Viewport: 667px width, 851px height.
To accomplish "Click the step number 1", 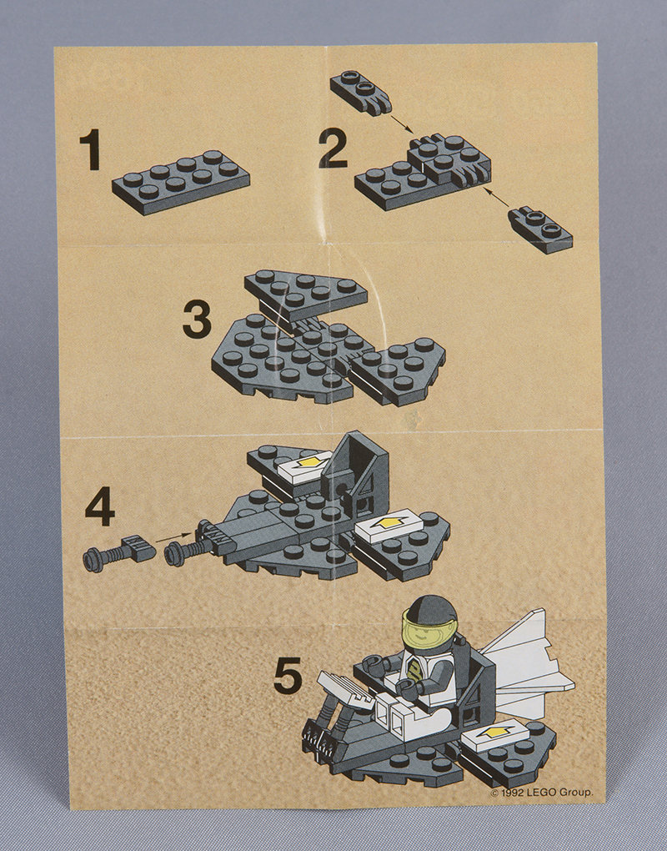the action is (x=91, y=149).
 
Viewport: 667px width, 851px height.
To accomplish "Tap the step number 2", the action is (x=333, y=149).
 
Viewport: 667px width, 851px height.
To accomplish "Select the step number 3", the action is (x=197, y=320).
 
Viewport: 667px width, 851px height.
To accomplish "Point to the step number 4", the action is (x=100, y=506).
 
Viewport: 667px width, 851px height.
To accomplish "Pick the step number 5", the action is (x=288, y=675).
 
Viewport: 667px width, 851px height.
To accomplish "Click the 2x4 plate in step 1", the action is (x=181, y=182).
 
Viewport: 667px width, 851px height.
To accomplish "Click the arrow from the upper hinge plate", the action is (x=402, y=123).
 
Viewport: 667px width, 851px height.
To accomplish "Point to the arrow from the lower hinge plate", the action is (x=496, y=198).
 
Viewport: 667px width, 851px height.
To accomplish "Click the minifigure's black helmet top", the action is (x=432, y=608).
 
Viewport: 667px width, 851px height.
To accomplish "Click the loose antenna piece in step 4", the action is (x=119, y=553).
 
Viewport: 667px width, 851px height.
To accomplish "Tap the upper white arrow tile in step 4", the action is (x=304, y=465).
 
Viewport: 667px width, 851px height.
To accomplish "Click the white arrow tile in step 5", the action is (x=494, y=733).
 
